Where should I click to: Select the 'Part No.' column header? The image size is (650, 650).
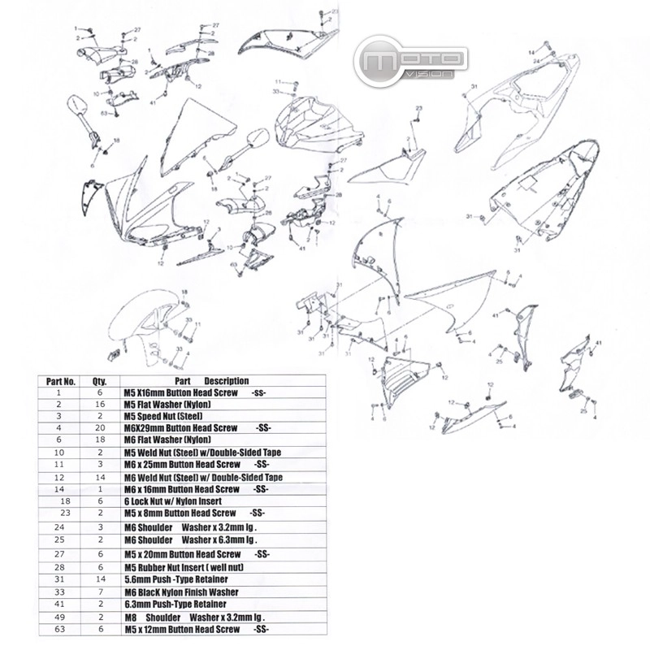click(x=61, y=380)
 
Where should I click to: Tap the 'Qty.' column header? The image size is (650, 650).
click(x=100, y=380)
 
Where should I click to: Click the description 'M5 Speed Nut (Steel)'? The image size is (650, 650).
click(x=163, y=415)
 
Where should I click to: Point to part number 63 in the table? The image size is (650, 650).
click(x=60, y=630)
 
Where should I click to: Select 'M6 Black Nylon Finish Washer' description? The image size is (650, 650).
click(x=180, y=591)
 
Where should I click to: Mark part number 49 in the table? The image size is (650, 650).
click(x=60, y=617)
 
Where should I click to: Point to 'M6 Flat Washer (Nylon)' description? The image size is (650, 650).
click(x=167, y=440)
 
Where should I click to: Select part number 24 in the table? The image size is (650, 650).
click(x=60, y=527)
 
